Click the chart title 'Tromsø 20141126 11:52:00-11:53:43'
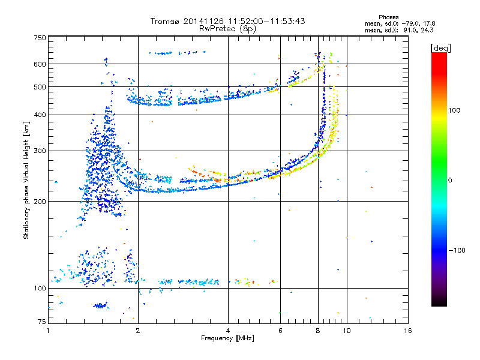click(227, 21)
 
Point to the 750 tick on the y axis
click(40, 37)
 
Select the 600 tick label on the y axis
click(40, 64)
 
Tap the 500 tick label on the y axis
click(40, 87)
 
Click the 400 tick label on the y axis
click(40, 115)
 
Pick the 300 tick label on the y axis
click(40, 151)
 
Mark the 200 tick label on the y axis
click(40, 201)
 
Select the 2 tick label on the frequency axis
click(138, 331)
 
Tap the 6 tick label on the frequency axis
click(280, 331)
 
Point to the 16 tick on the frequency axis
click(408, 331)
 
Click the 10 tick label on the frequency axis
click(346, 331)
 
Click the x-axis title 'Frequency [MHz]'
click(227, 339)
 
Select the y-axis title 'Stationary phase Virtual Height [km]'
click(26, 180)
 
